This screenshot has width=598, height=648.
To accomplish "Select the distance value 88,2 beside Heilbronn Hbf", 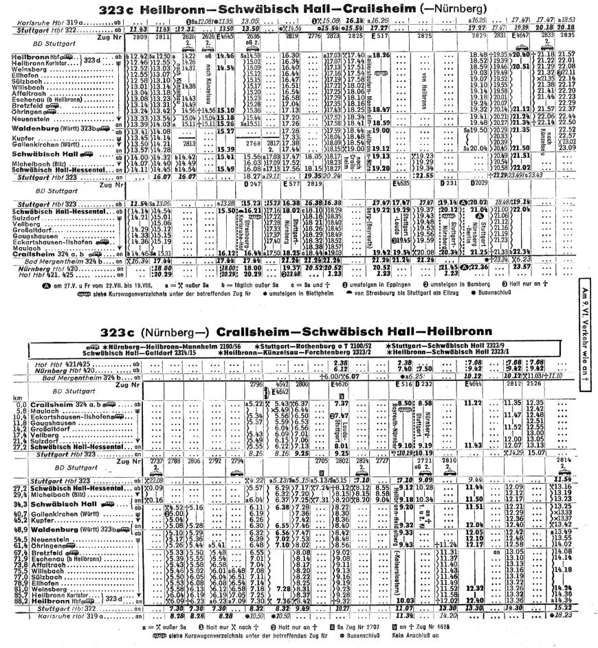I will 10,562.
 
